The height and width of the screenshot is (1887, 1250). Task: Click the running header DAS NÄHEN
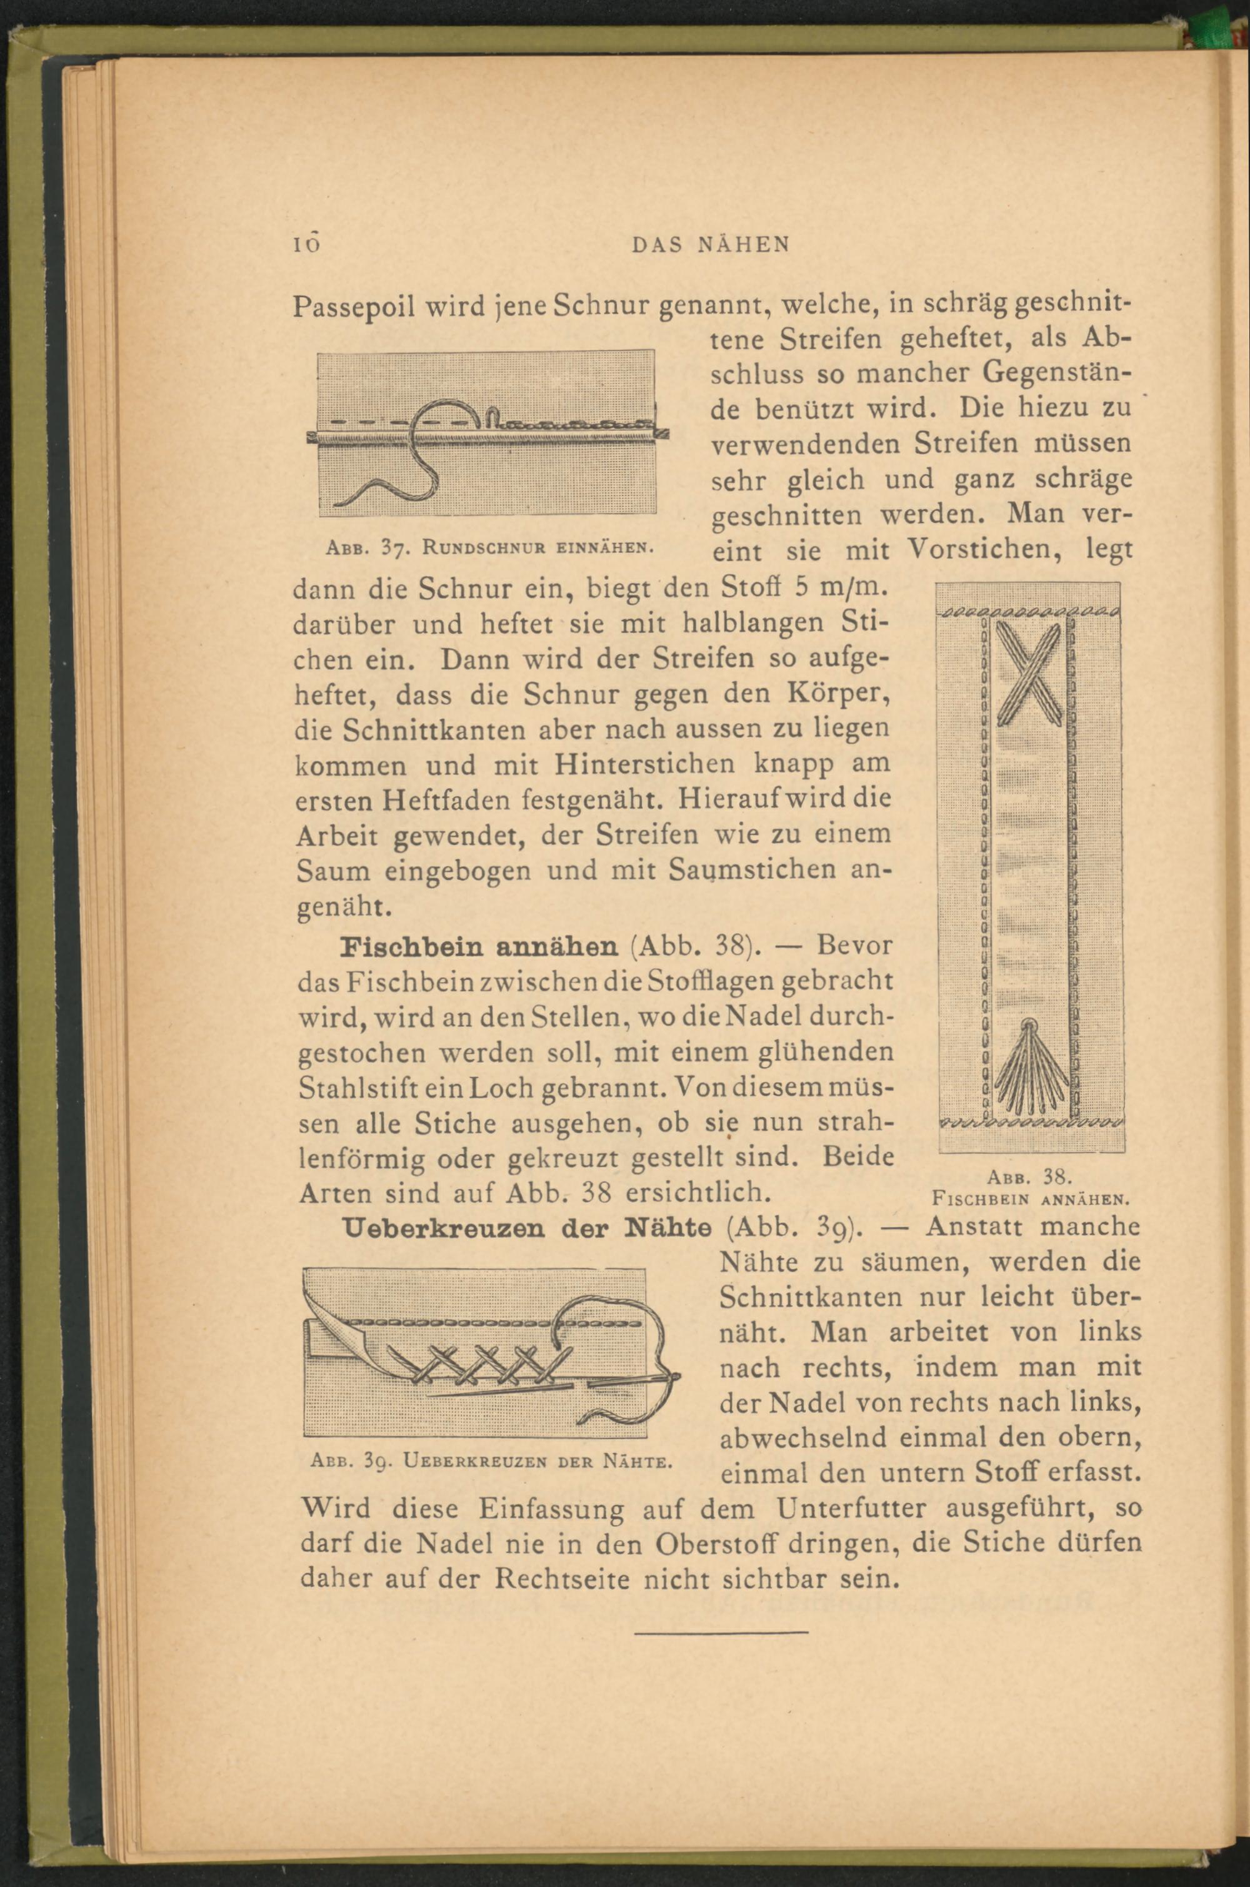click(709, 244)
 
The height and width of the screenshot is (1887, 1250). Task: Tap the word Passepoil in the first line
click(344, 308)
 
